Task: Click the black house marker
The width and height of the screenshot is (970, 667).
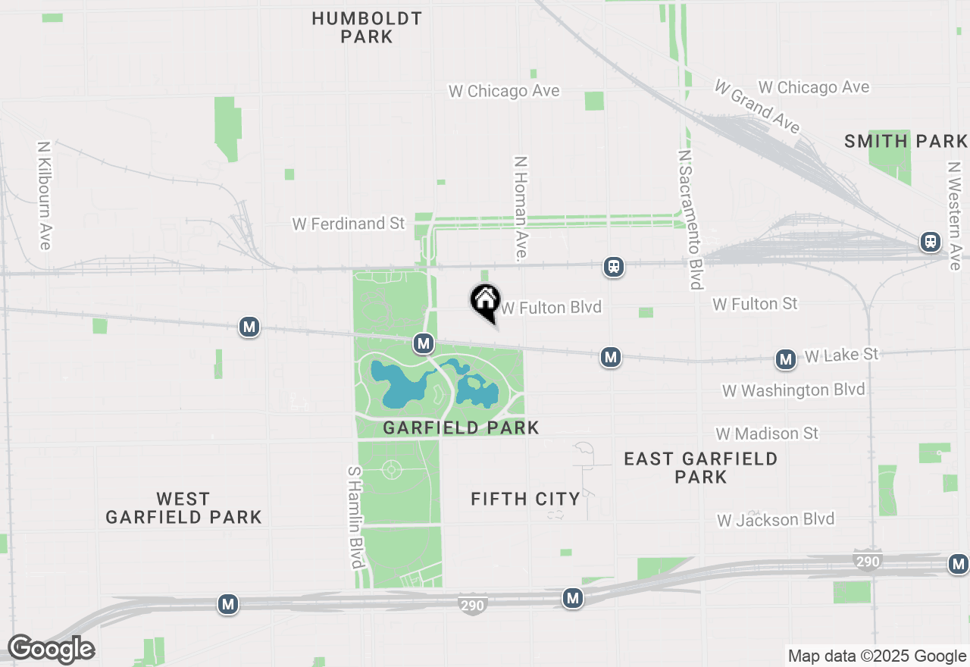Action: click(485, 302)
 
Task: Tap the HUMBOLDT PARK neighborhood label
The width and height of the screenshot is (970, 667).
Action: click(367, 27)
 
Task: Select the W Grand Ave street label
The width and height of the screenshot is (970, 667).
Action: click(757, 105)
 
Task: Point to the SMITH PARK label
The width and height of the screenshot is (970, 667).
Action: click(906, 141)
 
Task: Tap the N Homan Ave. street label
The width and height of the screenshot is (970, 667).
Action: click(520, 209)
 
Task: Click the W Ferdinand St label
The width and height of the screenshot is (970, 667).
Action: click(349, 224)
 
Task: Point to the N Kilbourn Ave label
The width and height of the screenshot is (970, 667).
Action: click(45, 195)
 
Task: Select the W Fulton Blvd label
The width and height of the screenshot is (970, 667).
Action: click(551, 307)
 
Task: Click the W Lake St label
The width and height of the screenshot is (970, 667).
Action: click(841, 355)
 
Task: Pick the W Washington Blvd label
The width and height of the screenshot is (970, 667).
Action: click(793, 390)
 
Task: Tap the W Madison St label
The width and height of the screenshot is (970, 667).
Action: click(768, 434)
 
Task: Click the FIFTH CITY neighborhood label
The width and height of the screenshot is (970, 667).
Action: click(525, 499)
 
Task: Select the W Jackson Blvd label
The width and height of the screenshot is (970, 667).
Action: click(776, 520)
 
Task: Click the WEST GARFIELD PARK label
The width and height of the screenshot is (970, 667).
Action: click(183, 508)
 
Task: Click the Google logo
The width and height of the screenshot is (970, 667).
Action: click(51, 649)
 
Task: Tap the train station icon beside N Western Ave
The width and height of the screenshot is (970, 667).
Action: click(931, 242)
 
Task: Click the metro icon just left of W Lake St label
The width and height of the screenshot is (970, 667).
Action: click(786, 359)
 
